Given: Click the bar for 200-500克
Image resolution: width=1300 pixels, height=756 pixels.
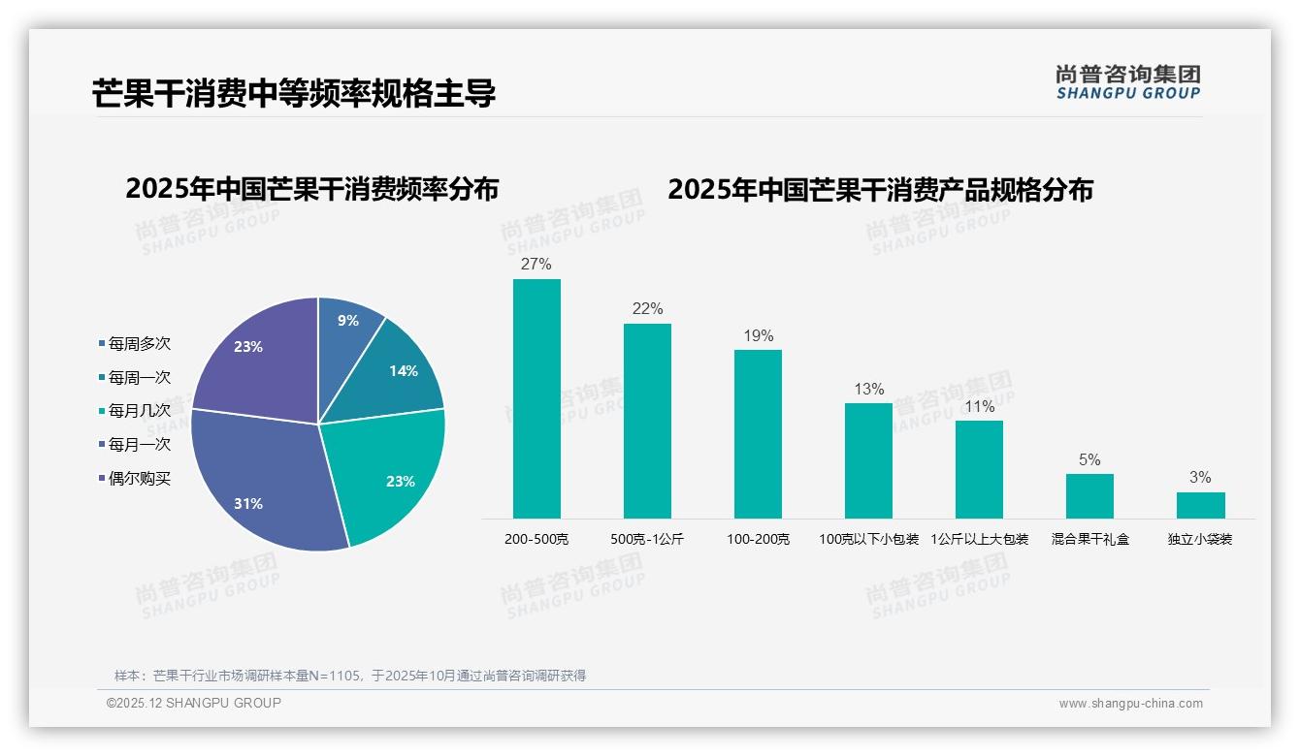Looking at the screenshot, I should click(x=536, y=398).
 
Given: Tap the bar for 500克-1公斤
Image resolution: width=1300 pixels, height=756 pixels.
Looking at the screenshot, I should click(x=647, y=421).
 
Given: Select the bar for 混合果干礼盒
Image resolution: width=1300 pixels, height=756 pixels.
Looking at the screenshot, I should click(x=1089, y=496).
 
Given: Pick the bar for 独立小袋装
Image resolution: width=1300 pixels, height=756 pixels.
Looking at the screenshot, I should click(x=1200, y=505).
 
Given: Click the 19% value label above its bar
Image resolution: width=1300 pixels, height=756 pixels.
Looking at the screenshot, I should click(x=759, y=336).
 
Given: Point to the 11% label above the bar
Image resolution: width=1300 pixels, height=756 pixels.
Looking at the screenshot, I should click(x=979, y=407).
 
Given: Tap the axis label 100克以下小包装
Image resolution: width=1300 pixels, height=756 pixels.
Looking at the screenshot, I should click(x=868, y=539).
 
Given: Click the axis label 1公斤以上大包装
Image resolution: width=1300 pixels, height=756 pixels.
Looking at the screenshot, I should click(x=979, y=539).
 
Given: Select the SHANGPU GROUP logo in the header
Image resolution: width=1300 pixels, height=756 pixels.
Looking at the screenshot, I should click(x=1127, y=82).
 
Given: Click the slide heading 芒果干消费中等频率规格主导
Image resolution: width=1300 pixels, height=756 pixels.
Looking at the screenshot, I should click(x=294, y=94).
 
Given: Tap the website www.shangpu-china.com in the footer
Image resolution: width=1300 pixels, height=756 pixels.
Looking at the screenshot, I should click(x=1130, y=704).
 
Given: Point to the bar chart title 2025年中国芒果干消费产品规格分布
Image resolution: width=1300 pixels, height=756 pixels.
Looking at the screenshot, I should click(x=880, y=190).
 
